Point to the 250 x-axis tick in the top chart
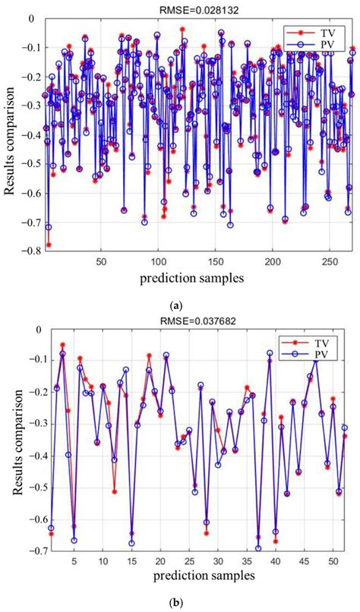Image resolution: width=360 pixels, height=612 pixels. pyautogui.click(x=330, y=262)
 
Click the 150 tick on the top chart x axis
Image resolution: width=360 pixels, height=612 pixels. pyautogui.click(x=215, y=262)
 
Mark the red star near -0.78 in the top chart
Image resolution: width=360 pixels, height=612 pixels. pyautogui.click(x=49, y=244)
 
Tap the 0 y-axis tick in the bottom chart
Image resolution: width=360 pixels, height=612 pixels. pyautogui.click(x=35, y=330)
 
